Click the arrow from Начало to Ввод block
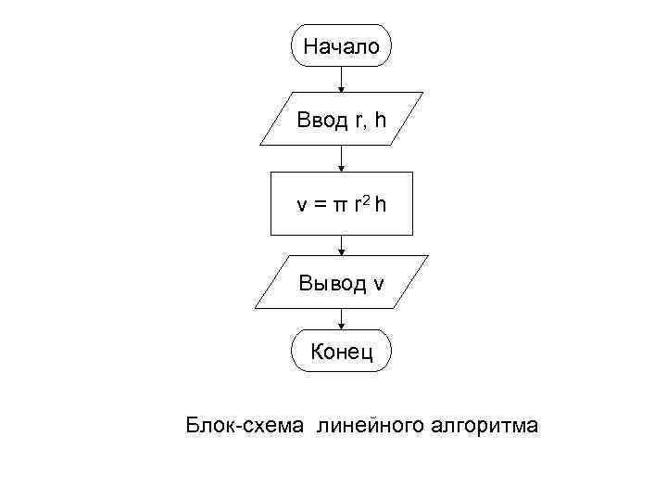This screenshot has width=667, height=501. point(342,80)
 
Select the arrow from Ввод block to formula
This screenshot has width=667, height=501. point(342,160)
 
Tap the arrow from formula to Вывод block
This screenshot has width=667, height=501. point(342,244)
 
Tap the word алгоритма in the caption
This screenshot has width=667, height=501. point(485,426)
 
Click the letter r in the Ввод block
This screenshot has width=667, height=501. point(359,121)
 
